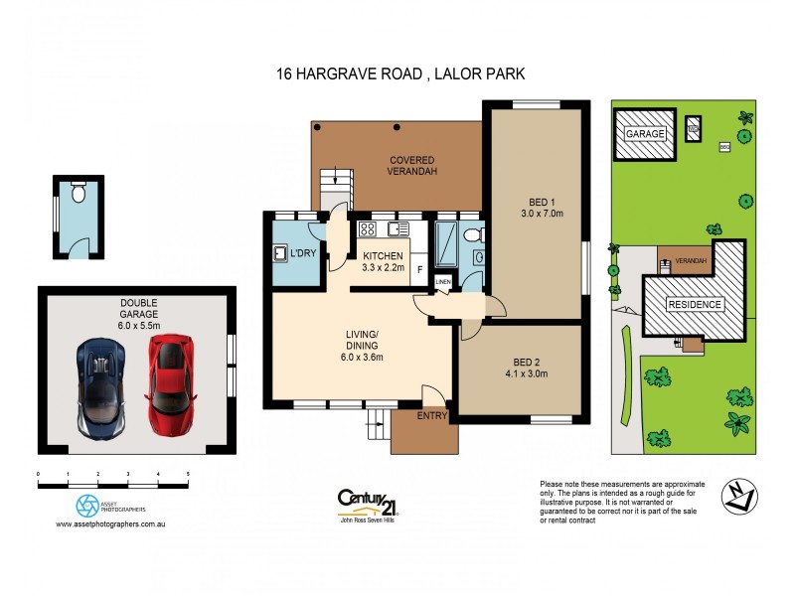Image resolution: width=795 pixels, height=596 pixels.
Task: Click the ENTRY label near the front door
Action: [433, 415]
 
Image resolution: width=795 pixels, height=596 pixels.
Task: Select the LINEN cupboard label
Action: [443, 282]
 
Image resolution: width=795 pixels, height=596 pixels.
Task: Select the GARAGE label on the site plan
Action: [646, 133]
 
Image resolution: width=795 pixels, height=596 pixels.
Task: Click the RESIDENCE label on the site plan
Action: [695, 304]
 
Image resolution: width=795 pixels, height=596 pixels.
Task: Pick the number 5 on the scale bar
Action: [188, 475]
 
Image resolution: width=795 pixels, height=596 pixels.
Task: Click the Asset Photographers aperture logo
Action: [88, 505]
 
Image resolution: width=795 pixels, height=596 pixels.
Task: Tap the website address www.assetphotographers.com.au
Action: [110, 524]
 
